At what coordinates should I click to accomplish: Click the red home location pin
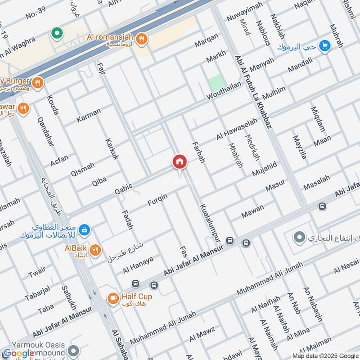click(179, 162)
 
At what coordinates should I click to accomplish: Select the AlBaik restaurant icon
click(95, 250)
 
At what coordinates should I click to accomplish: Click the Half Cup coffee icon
click(112, 297)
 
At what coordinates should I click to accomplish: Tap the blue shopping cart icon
click(324, 45)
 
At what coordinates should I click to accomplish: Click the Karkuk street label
click(112, 149)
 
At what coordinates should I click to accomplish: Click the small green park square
click(217, 83)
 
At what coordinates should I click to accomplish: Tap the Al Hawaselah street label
click(237, 129)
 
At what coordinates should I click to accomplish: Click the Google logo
click(19, 354)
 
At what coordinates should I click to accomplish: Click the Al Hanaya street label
click(138, 265)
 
